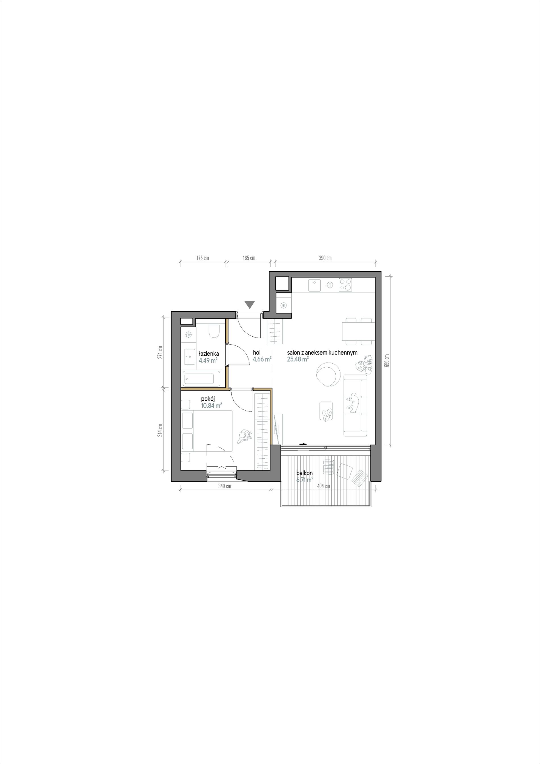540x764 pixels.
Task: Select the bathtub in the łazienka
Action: click(x=201, y=378)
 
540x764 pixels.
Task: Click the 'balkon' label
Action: click(x=304, y=473)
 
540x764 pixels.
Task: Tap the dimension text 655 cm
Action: click(x=387, y=360)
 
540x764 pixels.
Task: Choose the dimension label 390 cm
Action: click(x=325, y=258)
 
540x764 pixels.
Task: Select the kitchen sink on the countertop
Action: click(x=314, y=285)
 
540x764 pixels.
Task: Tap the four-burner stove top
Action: click(x=346, y=285)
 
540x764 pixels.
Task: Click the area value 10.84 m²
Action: click(x=211, y=406)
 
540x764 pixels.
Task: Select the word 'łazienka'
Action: click(x=209, y=353)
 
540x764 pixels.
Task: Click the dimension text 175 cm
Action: click(x=202, y=258)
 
